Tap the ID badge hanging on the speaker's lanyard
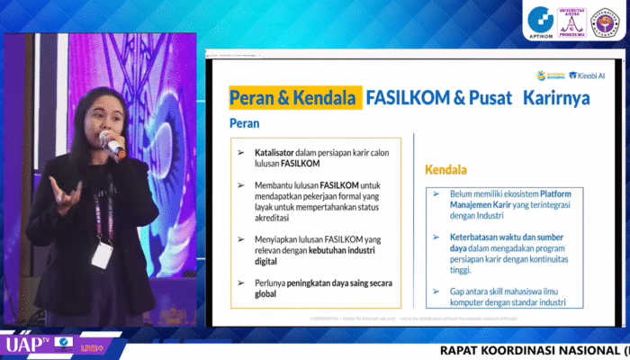(x=102, y=255)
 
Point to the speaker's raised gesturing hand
(x=65, y=193)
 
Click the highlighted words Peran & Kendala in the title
(x=295, y=97)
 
